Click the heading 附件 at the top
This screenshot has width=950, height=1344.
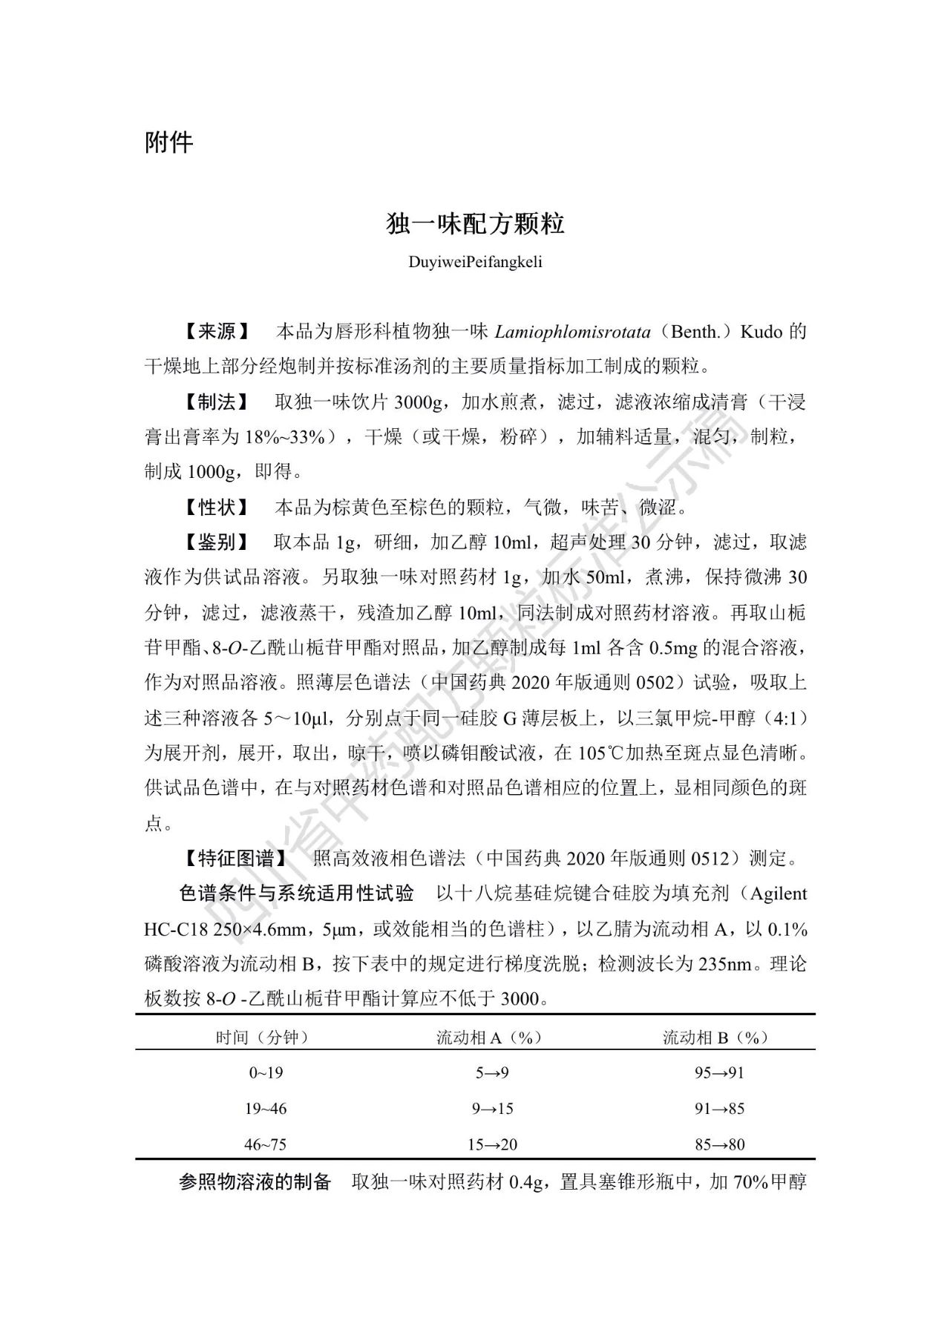pyautogui.click(x=168, y=142)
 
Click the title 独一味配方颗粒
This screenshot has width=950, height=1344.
pyautogui.click(x=475, y=223)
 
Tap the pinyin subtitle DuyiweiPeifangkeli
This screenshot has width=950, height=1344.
pyautogui.click(x=475, y=262)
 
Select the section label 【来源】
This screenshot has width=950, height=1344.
pyautogui.click(x=217, y=332)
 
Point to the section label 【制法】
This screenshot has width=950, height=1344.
pyautogui.click(x=217, y=402)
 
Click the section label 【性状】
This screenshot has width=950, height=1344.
pyautogui.click(x=217, y=508)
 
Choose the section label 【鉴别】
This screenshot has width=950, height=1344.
pyautogui.click(x=217, y=542)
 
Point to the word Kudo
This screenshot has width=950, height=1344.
pyautogui.click(x=761, y=332)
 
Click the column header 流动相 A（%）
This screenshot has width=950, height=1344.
pyautogui.click(x=489, y=1037)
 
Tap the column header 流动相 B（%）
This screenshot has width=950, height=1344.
pyautogui.click(x=715, y=1037)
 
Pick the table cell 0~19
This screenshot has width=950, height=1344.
pyautogui.click(x=266, y=1072)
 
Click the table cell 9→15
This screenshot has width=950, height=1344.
pyautogui.click(x=492, y=1109)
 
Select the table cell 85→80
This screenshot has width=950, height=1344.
pyautogui.click(x=719, y=1144)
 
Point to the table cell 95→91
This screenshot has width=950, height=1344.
pyautogui.click(x=719, y=1072)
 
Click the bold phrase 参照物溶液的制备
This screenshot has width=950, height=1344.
pyautogui.click(x=255, y=1182)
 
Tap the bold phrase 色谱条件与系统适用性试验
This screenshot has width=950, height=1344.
pyautogui.click(x=297, y=894)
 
